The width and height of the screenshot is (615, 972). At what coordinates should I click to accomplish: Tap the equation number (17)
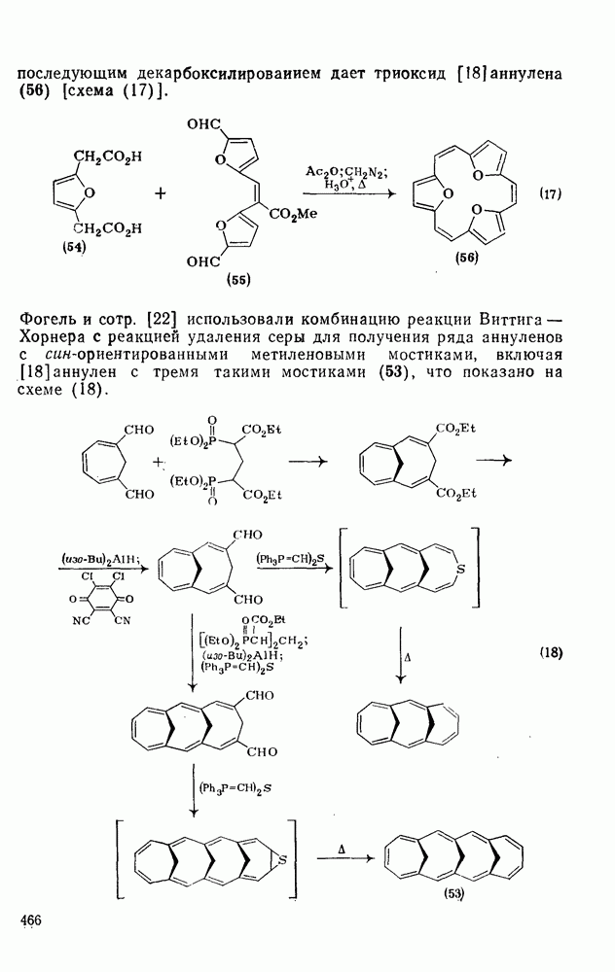point(549,194)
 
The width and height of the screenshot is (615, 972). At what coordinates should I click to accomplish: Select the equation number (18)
point(551,653)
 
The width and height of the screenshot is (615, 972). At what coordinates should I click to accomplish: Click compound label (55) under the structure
point(237,281)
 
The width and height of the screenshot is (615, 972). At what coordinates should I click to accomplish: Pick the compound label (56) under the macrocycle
point(467,258)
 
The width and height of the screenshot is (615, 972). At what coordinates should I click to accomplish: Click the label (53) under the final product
point(453,893)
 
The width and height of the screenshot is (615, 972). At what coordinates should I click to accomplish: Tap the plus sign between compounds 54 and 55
point(161,194)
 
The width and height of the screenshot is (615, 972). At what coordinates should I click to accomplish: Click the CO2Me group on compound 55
point(293,215)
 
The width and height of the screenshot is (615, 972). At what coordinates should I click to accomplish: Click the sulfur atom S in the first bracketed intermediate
point(459,569)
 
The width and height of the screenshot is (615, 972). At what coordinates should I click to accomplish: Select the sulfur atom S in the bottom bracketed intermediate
point(282,860)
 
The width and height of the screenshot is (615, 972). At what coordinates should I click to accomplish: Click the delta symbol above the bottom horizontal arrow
point(342,848)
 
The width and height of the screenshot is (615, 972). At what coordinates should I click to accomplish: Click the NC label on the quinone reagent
point(81,620)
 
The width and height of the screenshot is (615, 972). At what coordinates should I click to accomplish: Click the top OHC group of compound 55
point(204,124)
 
